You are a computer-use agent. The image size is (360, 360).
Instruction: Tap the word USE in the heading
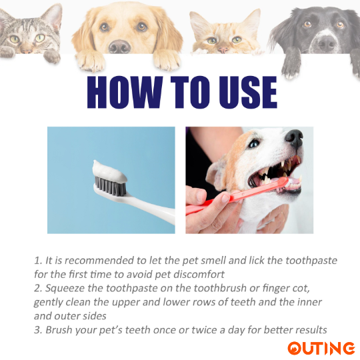(x=248, y=92)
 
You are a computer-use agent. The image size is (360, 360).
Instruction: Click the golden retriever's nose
(x=119, y=47)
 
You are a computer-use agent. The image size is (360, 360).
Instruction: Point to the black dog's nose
(x=327, y=43)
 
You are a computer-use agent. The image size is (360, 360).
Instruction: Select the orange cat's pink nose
(x=223, y=49)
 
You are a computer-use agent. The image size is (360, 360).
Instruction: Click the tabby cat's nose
(x=27, y=49)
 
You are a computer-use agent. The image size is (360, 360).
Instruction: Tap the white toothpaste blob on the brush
(x=109, y=171)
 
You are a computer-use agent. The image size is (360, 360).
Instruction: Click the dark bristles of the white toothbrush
(x=111, y=186)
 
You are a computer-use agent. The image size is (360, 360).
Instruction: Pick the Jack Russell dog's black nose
(x=294, y=137)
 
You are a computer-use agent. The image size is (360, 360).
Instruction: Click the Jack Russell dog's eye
(x=254, y=144)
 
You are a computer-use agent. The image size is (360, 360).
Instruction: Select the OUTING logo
(x=321, y=348)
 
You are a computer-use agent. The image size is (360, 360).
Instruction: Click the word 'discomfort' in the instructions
(x=199, y=275)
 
